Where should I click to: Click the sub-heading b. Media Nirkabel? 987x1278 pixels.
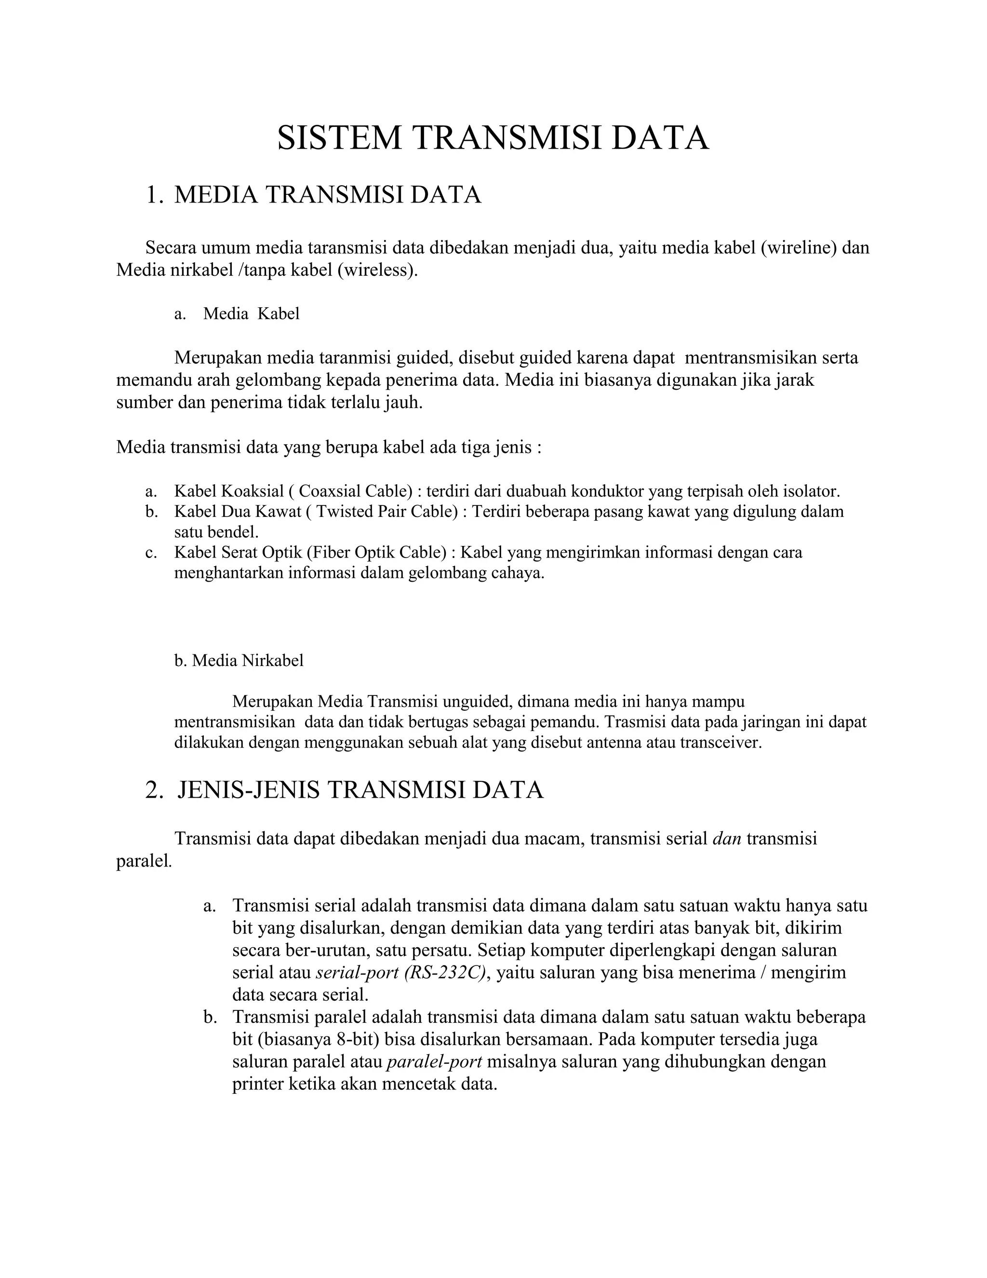(239, 661)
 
